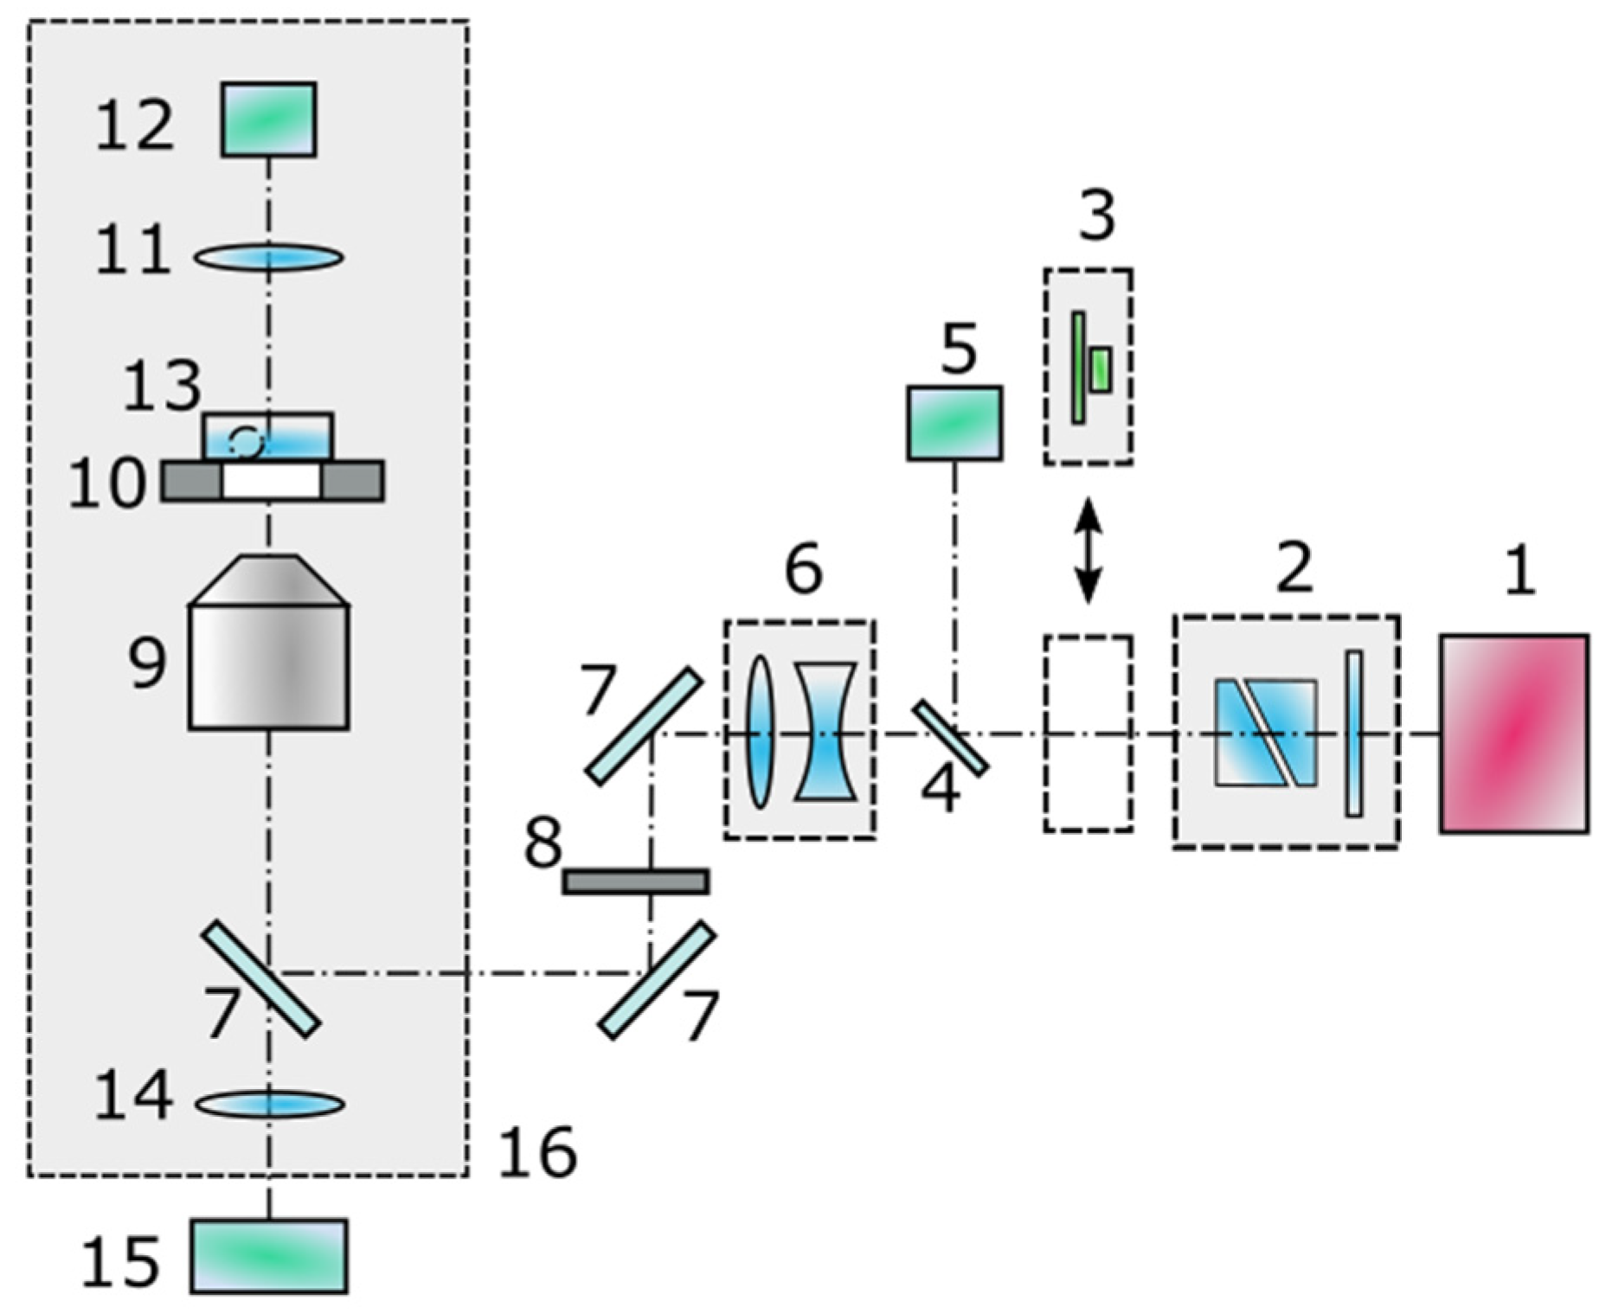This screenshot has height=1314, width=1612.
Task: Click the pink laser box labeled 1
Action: [1513, 734]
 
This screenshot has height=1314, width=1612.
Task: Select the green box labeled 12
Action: [268, 119]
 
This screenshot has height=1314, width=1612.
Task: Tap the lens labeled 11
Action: [268, 257]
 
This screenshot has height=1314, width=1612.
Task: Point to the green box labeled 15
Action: [268, 1255]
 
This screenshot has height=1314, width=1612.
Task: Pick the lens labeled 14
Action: [269, 1104]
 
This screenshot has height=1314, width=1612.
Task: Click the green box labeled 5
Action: [954, 422]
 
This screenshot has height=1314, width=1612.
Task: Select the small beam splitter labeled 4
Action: [950, 738]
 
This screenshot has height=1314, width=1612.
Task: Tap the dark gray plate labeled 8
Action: [636, 881]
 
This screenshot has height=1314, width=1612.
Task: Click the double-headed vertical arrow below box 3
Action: [1088, 550]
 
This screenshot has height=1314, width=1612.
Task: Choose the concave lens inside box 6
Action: [826, 731]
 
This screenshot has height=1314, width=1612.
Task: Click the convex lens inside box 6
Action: [759, 732]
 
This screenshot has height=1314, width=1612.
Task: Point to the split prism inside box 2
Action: [1265, 733]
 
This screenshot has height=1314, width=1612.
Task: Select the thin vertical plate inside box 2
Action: [1353, 733]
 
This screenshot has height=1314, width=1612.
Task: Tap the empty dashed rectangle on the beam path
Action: [1088, 734]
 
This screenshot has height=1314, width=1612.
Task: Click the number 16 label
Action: [537, 1152]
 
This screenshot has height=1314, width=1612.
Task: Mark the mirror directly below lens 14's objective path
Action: [261, 978]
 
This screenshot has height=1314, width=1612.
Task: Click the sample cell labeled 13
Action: [267, 435]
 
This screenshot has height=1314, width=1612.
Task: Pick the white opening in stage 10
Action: [271, 481]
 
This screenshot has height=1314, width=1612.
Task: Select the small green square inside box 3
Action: [1100, 369]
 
